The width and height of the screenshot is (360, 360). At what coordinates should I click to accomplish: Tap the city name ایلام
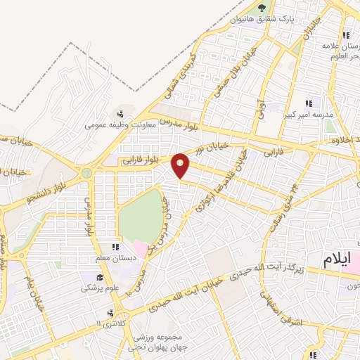[x=337, y=258]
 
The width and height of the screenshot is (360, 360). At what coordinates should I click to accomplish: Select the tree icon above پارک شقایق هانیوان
[x=262, y=8]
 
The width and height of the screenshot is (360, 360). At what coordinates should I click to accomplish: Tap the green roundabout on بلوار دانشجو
[x=87, y=172]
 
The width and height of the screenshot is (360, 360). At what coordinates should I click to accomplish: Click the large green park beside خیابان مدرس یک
[x=141, y=215]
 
